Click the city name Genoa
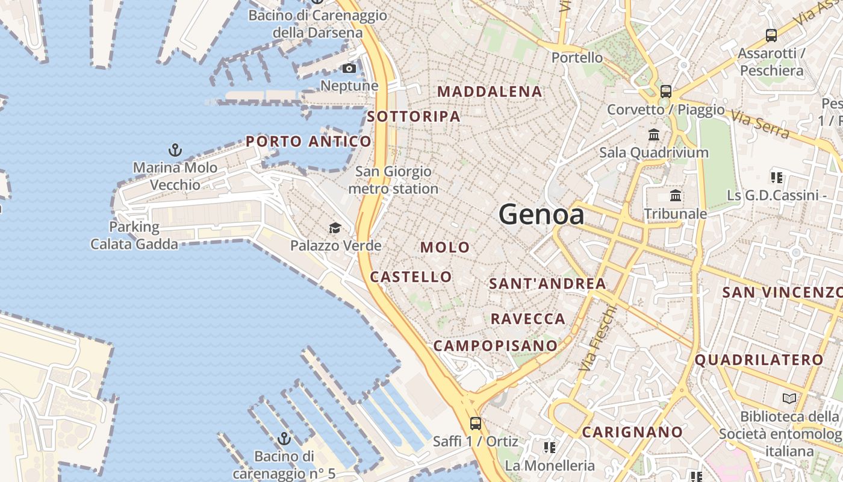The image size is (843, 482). tap(541, 214)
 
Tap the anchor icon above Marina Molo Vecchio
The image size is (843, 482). tap(175, 149)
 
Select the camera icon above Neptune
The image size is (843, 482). tap(349, 68)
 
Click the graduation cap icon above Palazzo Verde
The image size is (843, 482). tap(335, 228)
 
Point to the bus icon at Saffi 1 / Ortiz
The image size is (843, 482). tap(476, 423)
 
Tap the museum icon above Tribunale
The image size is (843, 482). tap(676, 196)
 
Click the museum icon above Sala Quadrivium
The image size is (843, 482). tap(654, 134)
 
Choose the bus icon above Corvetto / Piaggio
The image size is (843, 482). tap(665, 92)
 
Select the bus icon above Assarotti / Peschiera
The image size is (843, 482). tap(771, 36)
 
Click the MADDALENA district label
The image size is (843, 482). tap(490, 92)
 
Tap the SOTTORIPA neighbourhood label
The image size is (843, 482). tap(414, 116)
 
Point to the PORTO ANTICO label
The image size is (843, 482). tap(308, 142)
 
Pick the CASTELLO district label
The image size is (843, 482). tap(411, 277)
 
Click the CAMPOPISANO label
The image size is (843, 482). tap(495, 346)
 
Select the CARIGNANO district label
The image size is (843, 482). tap(632, 432)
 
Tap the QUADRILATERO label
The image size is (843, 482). tap(759, 360)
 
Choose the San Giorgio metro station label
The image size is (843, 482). tap(393, 180)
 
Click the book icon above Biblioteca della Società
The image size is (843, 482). tap(789, 398)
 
